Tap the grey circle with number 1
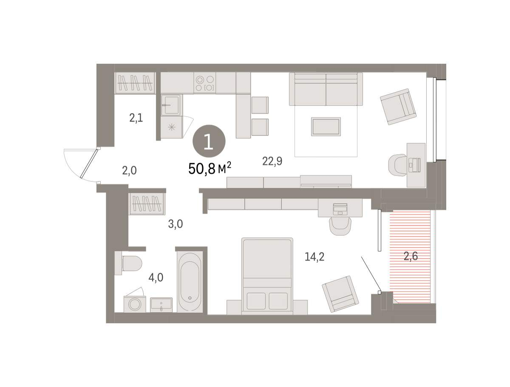[x=209, y=141]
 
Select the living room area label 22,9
[x=272, y=161]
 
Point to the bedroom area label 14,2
[x=314, y=257]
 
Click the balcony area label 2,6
[x=411, y=256]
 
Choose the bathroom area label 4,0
[x=156, y=277]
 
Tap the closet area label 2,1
[x=136, y=118]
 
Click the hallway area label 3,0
[x=176, y=224]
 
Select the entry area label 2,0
[x=129, y=171]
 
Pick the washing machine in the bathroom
[x=135, y=304]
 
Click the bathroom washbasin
[x=161, y=305]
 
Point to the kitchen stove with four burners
[x=204, y=83]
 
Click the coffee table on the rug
[x=326, y=127]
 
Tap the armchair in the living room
[x=398, y=107]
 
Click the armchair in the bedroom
[x=340, y=294]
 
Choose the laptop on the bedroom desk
[x=340, y=209]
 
